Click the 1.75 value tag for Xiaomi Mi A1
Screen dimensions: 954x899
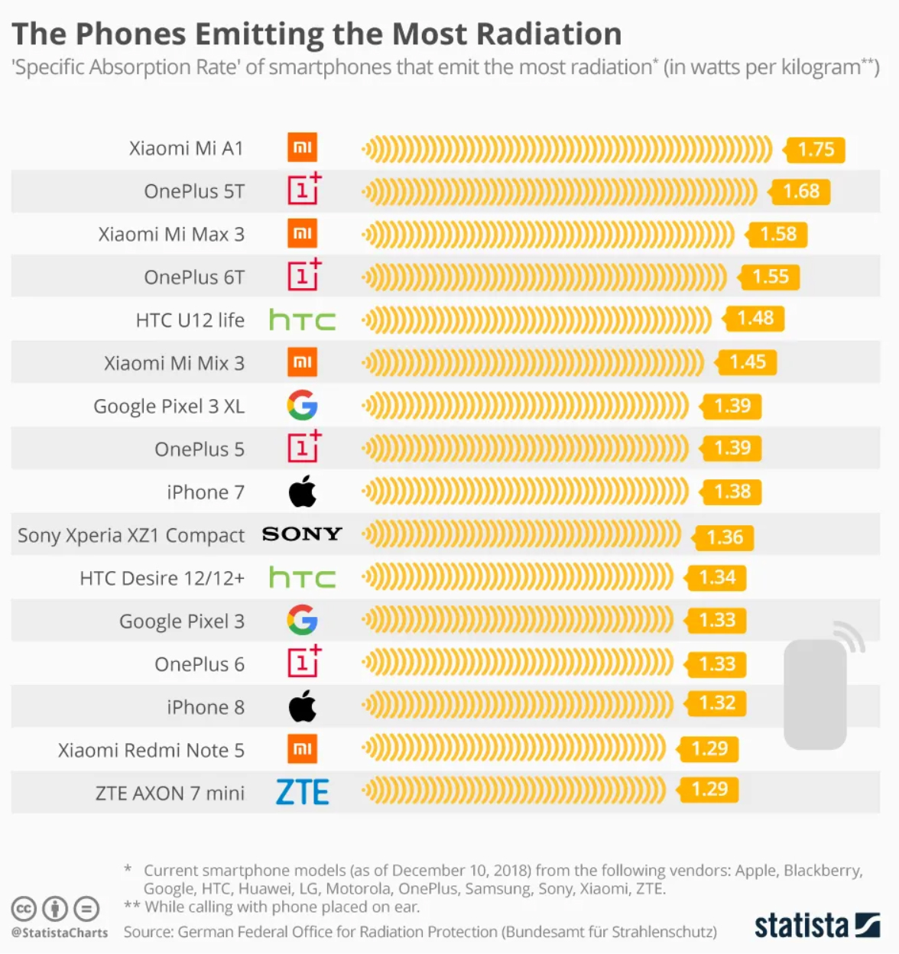point(816,149)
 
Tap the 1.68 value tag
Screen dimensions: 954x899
point(800,191)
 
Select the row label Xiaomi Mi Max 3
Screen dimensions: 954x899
point(171,234)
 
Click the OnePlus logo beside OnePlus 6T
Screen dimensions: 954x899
point(303,275)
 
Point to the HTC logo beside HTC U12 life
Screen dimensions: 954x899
point(302,320)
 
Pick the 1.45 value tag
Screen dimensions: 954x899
point(747,362)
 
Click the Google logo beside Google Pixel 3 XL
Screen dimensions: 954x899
point(302,405)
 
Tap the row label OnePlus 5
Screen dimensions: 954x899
point(200,449)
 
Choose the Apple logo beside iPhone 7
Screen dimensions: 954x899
point(303,492)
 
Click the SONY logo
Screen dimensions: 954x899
point(302,534)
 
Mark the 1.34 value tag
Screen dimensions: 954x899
point(716,577)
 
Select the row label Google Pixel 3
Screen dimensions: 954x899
point(182,621)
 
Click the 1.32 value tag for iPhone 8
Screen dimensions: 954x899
point(716,703)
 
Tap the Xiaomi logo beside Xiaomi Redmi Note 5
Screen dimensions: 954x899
point(302,749)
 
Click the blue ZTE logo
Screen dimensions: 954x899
point(302,793)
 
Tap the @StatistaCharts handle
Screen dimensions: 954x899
point(60,933)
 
